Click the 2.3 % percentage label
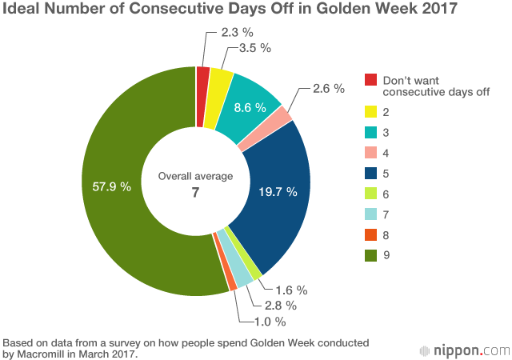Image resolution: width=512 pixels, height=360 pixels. click(x=238, y=34)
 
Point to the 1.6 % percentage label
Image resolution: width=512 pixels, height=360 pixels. click(x=291, y=290)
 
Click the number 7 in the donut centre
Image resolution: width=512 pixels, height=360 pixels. click(x=195, y=191)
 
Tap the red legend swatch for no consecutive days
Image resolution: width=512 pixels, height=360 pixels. click(x=371, y=80)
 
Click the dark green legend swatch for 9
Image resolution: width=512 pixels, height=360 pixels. click(x=371, y=255)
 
